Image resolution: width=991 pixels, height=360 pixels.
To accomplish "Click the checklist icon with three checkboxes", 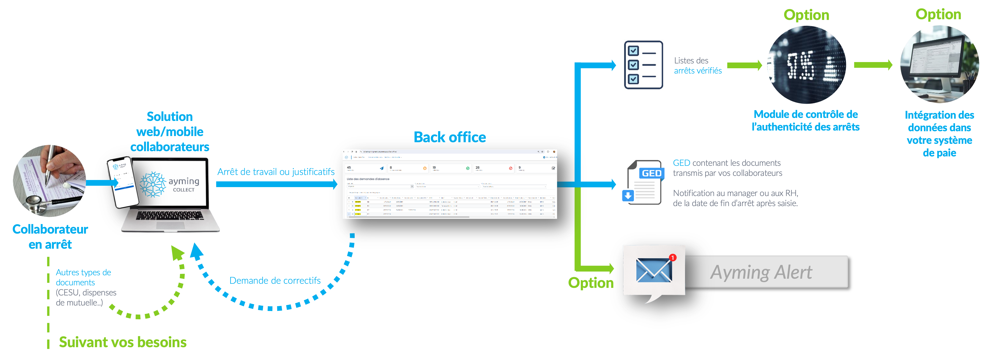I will pos(643,65).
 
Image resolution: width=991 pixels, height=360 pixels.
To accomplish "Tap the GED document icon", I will pos(643,182).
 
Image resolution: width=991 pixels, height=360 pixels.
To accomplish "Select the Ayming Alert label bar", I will pos(766,272).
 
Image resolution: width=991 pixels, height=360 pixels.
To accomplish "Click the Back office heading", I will pos(449,137).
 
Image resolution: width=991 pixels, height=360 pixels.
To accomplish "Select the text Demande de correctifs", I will pos(275,280).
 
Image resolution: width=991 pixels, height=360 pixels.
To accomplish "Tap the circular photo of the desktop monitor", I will pos(939,64).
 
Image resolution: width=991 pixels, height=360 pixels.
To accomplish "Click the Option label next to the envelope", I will pos(591,283).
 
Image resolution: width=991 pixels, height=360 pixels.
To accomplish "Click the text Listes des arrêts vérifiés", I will pos(698,65).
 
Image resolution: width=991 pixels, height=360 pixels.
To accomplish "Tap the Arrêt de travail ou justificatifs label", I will pos(275,172).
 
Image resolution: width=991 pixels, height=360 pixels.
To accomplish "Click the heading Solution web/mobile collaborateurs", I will pos(170,131).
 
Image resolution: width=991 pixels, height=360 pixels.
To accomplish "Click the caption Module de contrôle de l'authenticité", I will pos(806,120).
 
